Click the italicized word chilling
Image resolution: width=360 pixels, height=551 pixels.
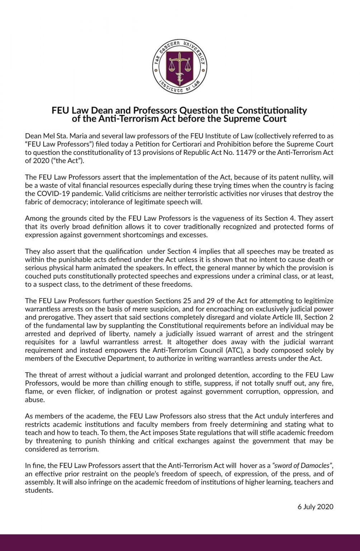tap(137, 383)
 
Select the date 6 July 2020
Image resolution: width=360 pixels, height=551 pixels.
tap(315, 507)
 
